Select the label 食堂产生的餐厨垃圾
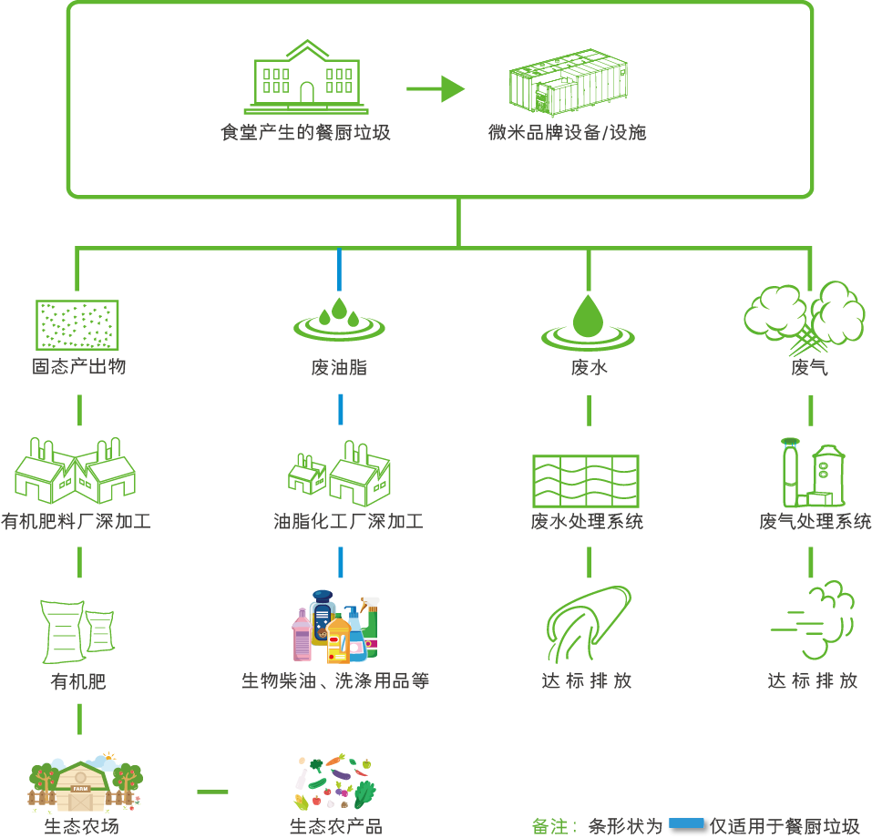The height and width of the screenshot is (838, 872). [x=306, y=133]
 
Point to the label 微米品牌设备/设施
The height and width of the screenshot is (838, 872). [x=568, y=133]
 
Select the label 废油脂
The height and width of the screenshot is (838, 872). [x=339, y=368]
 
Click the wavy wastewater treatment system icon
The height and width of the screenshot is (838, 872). [x=585, y=481]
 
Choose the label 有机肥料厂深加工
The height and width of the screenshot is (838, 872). [x=77, y=522]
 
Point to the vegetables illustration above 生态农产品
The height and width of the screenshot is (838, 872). [x=336, y=782]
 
